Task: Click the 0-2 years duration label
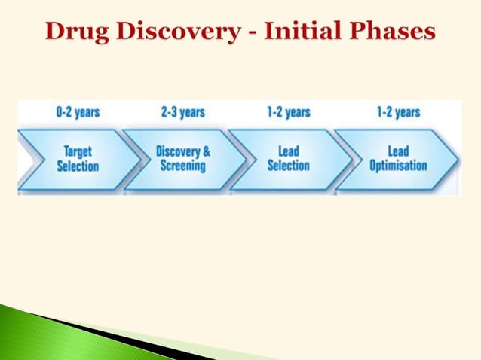78,113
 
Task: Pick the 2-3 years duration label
182,113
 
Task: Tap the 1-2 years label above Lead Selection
288,113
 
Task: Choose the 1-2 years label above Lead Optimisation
398,113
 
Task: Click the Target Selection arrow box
78,158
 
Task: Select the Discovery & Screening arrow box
183,158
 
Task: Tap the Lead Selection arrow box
288,158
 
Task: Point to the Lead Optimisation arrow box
397,158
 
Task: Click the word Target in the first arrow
78,151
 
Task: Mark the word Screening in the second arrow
183,166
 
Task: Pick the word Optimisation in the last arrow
398,166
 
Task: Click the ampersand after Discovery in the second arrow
206,151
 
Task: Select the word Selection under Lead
288,166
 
